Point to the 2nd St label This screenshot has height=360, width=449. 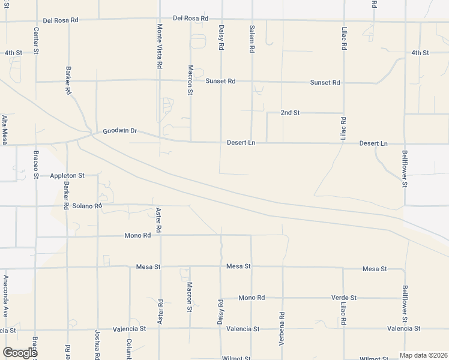coord(290,113)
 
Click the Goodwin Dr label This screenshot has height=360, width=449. coord(120,131)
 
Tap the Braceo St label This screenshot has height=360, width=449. coord(36,160)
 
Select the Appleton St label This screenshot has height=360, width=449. coord(67,176)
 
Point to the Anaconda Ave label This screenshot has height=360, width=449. coord(5,296)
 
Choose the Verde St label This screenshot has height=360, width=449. coord(344,298)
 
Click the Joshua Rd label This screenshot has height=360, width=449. coord(97,344)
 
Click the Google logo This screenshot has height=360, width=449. coord(19,352)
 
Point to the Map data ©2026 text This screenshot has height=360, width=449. coord(423,355)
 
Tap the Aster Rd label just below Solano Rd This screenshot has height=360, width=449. coord(159,220)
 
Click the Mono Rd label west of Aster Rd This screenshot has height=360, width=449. coord(138,236)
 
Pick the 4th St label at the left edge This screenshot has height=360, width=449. coord(13,53)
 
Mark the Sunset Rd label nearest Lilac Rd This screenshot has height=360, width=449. coord(325,83)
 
